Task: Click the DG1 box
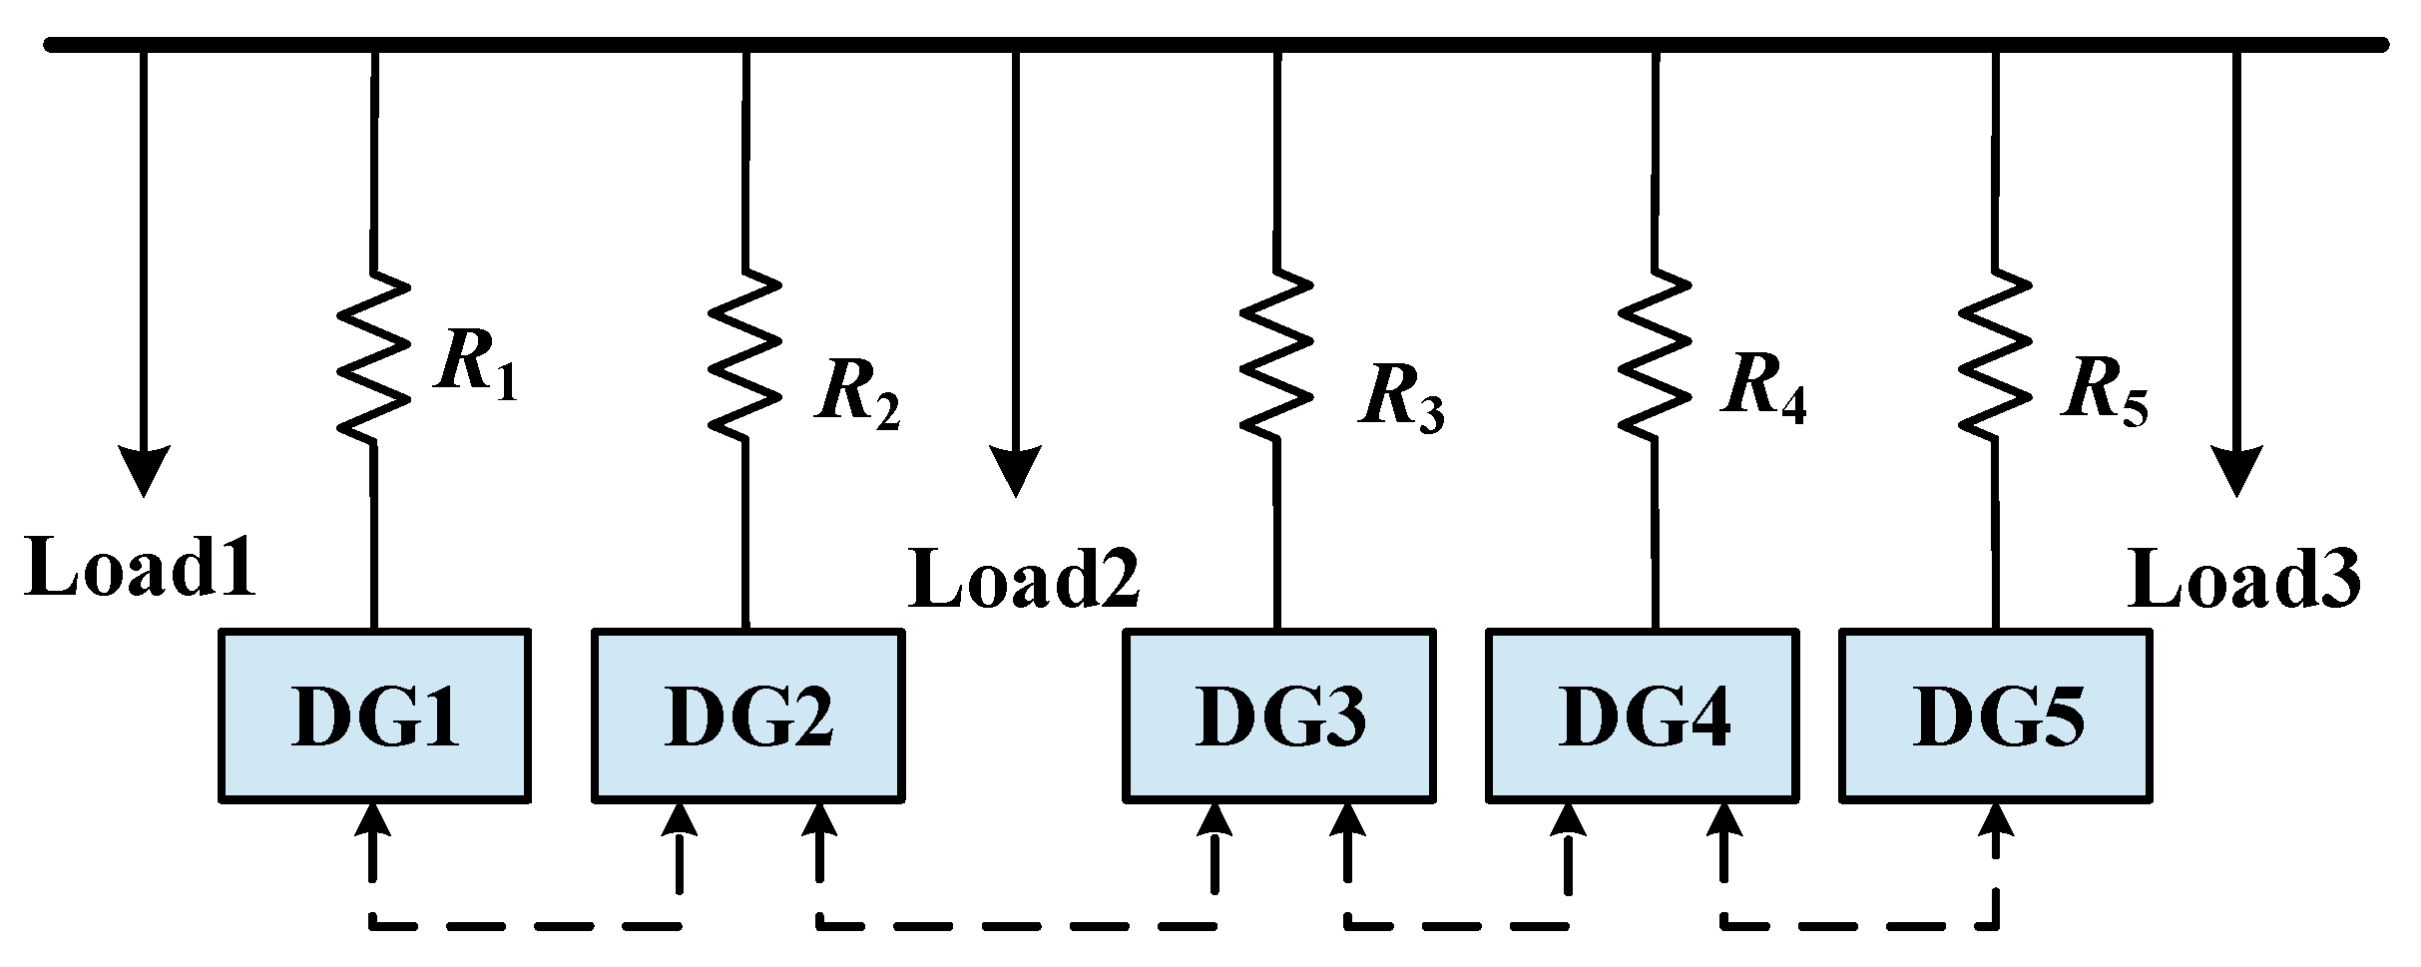point(374,715)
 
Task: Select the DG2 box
point(748,715)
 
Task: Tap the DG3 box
point(1280,715)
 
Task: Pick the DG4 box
point(1643,715)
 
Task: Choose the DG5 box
point(1996,715)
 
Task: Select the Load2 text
point(1023,581)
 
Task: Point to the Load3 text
point(2244,581)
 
